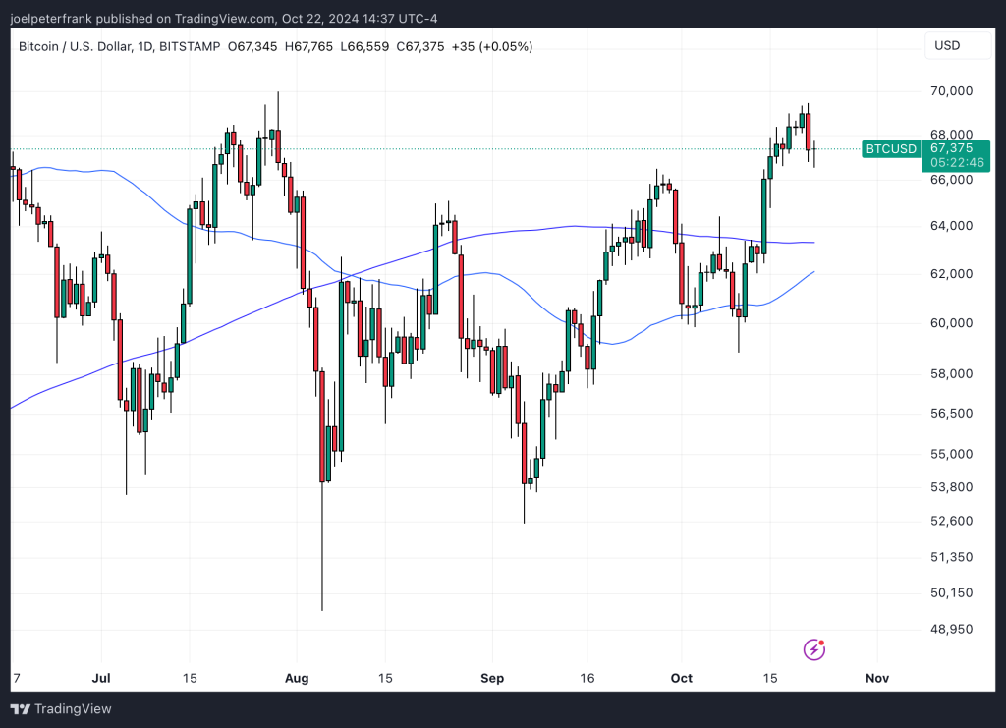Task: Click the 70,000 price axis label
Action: click(951, 91)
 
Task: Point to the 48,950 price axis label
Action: click(951, 629)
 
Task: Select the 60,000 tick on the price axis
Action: click(951, 323)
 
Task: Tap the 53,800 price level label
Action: click(951, 487)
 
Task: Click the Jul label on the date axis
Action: click(99, 678)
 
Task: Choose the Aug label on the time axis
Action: click(297, 678)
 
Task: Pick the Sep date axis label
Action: click(492, 678)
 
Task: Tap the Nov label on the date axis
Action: click(876, 678)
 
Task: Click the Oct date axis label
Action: click(681, 678)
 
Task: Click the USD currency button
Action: click(947, 46)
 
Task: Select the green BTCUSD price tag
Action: click(890, 149)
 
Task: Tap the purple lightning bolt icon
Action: click(814, 648)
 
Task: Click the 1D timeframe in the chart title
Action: click(141, 46)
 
